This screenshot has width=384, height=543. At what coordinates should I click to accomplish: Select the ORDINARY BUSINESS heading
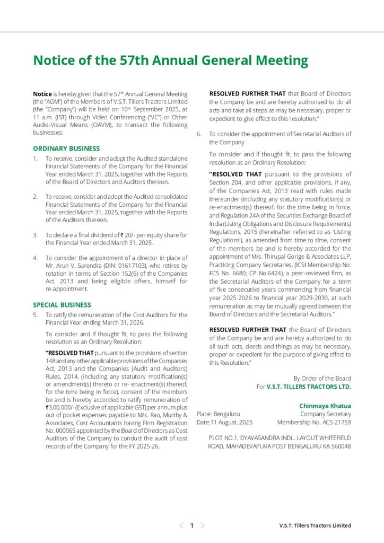coord(66,148)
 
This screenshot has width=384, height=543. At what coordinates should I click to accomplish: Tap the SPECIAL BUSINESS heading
coord(62,305)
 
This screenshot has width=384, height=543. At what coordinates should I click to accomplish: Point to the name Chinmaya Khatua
coord(325,406)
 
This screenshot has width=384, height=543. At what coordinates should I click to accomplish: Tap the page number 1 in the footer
coord(192,526)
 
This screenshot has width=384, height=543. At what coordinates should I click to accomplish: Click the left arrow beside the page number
coord(182,526)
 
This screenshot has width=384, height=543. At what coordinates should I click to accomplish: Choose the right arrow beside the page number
coord(202,526)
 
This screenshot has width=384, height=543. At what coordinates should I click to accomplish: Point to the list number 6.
coord(199,134)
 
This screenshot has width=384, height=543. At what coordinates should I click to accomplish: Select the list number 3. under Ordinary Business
coord(35,234)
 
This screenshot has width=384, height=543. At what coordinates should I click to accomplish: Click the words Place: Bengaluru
coord(219,414)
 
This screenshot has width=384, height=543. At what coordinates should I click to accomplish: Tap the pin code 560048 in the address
coord(338,446)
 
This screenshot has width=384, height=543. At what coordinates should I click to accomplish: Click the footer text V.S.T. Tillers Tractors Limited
coord(315,526)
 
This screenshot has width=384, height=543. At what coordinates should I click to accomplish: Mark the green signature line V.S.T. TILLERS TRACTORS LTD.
coord(309,387)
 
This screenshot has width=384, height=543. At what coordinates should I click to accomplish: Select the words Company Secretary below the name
coord(325,414)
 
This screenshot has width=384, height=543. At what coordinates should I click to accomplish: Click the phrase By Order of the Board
coord(322,378)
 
